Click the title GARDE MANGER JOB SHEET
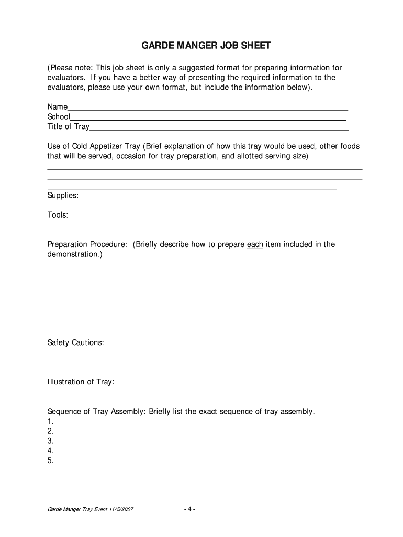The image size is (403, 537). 206,46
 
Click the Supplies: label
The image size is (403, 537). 63,195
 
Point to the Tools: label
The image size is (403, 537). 58,215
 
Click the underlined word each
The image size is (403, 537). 255,244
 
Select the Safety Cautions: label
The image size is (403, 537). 75,342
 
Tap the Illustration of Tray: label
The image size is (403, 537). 81,382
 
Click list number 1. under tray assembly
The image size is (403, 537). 51,421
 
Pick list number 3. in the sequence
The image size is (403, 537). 51,441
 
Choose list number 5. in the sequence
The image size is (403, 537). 51,461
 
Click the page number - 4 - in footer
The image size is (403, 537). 189,509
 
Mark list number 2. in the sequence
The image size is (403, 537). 51,431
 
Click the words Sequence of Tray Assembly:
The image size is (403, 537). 97,411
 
